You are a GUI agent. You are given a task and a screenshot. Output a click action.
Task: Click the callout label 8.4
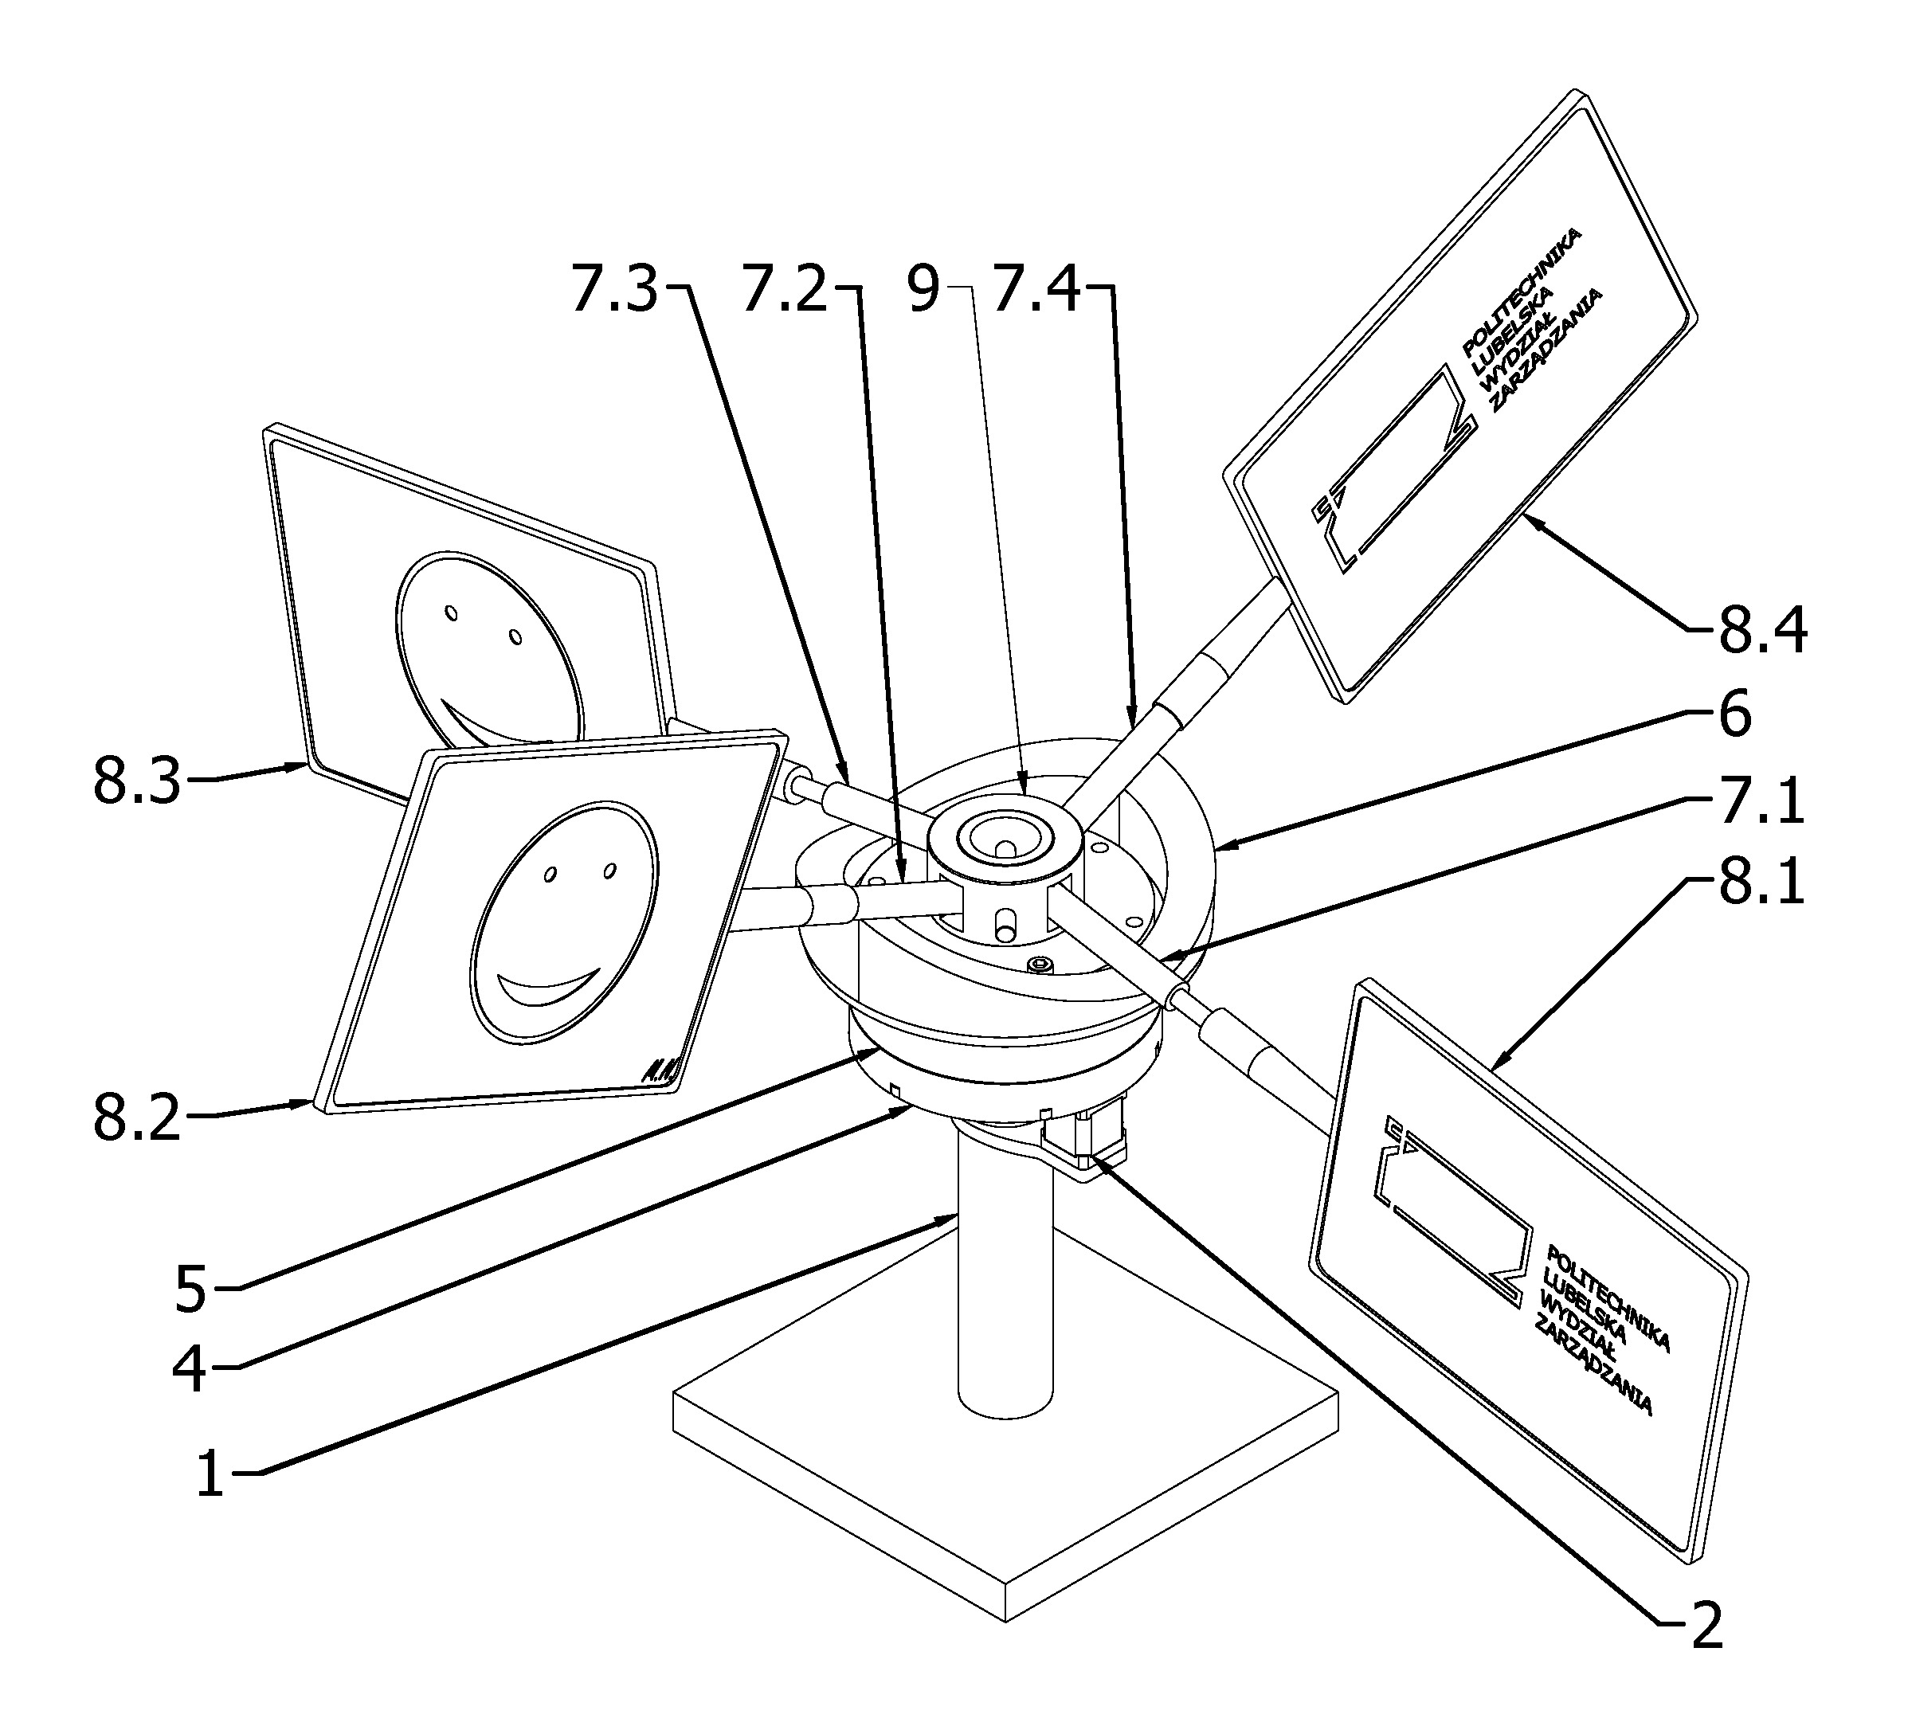1763,632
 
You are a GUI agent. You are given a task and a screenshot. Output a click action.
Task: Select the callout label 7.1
1761,800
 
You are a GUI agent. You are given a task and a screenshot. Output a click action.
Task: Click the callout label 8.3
136,781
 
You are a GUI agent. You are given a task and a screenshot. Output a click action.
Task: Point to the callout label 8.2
136,1118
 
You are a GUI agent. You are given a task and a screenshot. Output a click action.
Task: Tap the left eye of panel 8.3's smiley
452,614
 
